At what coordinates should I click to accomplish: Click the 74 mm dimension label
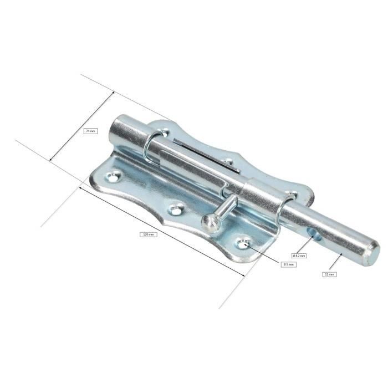(x=89, y=131)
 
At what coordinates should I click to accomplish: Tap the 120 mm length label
(x=148, y=234)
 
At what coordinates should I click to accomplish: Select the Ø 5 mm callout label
(x=288, y=264)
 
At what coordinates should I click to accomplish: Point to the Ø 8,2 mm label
(x=299, y=256)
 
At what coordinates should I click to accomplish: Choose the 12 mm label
(x=329, y=274)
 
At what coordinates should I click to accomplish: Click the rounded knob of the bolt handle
(x=211, y=223)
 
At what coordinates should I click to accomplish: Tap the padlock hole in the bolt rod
(x=316, y=236)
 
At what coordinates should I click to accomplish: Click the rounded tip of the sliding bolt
(x=371, y=251)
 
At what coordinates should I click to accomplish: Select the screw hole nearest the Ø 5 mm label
(x=242, y=243)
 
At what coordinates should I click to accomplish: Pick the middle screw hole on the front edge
(x=176, y=210)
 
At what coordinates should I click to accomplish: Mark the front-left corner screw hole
(x=114, y=177)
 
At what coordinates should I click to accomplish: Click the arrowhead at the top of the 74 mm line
(x=113, y=92)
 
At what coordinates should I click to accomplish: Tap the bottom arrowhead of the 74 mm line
(x=52, y=161)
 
